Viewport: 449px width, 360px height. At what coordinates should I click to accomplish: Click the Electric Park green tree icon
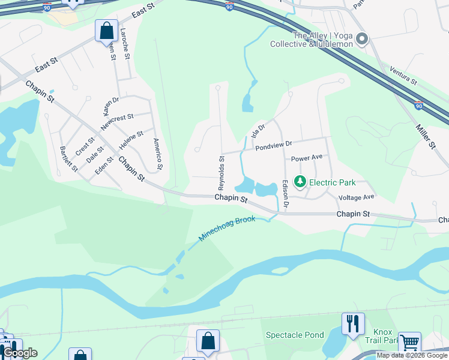click(300, 182)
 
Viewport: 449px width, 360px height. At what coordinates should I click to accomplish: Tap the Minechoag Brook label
click(227, 230)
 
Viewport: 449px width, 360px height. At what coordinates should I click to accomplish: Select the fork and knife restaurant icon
click(353, 323)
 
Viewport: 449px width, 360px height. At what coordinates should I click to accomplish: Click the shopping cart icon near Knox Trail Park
click(409, 343)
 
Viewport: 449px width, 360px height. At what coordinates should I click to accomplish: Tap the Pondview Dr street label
click(273, 145)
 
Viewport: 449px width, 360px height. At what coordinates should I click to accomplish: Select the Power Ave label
click(307, 158)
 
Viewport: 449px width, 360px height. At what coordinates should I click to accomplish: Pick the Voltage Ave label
click(357, 197)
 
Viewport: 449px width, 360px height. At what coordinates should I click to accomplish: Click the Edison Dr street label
click(286, 196)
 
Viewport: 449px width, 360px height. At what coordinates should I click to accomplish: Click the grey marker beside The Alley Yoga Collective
click(361, 40)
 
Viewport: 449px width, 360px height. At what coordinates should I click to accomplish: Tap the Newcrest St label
click(117, 122)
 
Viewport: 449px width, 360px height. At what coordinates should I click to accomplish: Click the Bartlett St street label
click(68, 159)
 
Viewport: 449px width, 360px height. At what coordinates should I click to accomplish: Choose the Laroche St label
click(125, 43)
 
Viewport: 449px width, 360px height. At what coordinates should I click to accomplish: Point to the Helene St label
click(131, 140)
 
